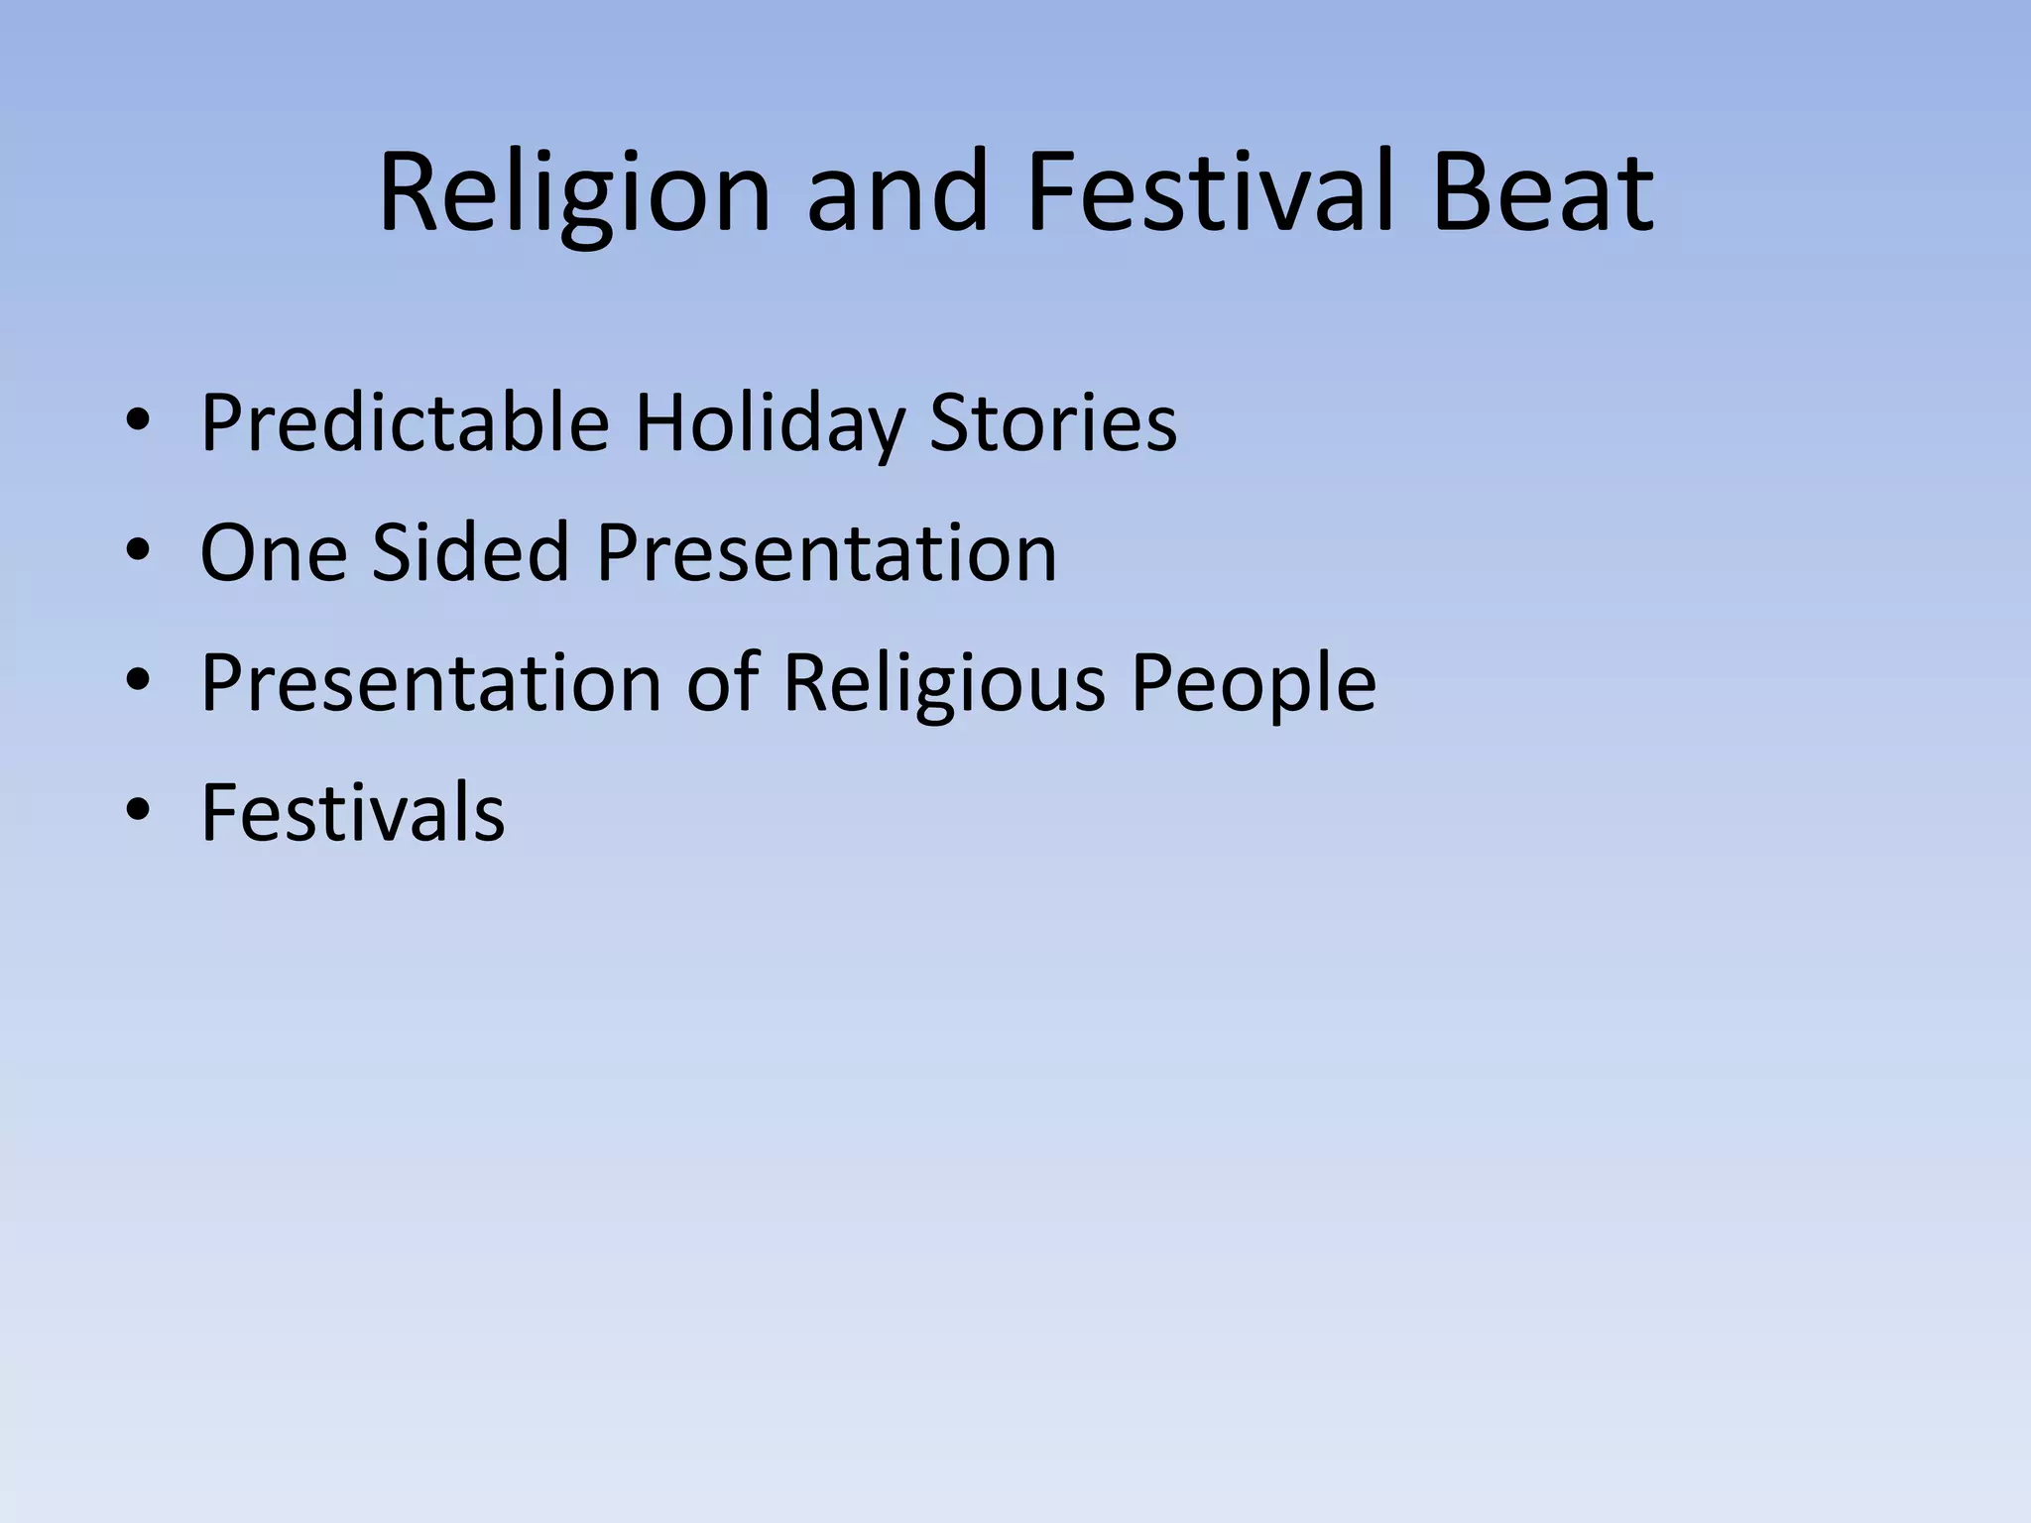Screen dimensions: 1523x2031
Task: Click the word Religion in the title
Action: coord(574,192)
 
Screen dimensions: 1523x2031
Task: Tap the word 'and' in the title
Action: coord(897,192)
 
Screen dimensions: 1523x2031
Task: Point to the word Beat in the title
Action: coord(1543,192)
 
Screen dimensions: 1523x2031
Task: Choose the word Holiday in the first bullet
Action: coord(769,424)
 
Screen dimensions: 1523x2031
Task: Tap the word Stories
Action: coord(1053,422)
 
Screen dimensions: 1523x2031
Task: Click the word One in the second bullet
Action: coord(273,552)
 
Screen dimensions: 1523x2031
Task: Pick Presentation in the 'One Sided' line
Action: coord(826,552)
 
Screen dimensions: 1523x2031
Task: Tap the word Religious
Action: coord(943,684)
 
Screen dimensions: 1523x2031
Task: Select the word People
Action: coord(1254,684)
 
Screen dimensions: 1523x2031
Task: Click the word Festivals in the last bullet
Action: coord(352,812)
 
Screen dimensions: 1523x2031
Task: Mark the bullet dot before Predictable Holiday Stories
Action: coord(138,423)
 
